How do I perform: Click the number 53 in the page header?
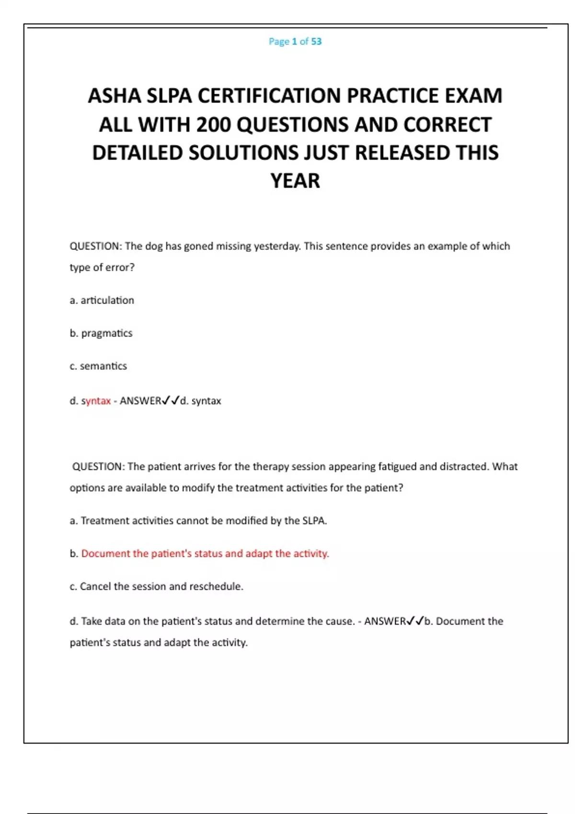[x=316, y=42]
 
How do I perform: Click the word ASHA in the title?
[x=115, y=96]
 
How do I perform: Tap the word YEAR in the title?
[x=295, y=181]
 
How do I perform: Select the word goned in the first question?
[x=198, y=247]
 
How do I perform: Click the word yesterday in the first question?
[x=276, y=247]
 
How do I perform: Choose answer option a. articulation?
[x=102, y=301]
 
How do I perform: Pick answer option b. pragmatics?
[x=101, y=333]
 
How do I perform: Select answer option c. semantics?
[x=98, y=366]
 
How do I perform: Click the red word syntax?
[x=96, y=401]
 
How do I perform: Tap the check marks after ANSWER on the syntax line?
[x=171, y=400]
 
